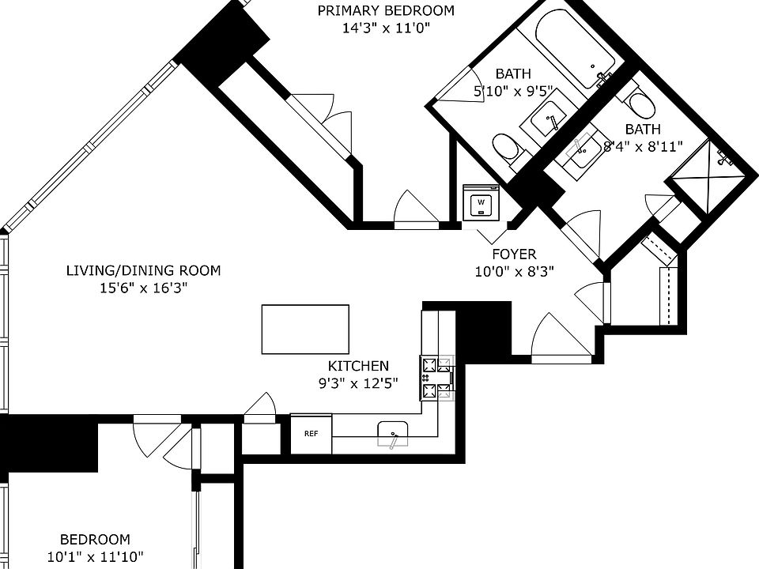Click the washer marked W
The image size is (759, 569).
481,202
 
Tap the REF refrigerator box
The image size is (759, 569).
312,434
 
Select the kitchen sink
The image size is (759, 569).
393,434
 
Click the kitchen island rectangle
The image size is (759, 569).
305,329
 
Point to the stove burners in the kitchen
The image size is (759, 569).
436,378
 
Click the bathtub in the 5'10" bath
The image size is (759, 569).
575,47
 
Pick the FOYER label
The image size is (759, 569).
514,254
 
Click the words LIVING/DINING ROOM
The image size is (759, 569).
143,270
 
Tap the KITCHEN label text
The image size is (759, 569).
358,366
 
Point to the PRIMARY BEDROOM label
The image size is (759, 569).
386,10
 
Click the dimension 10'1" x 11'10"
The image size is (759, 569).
96,557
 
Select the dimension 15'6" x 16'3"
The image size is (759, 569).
143,288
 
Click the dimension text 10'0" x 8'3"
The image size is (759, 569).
514,271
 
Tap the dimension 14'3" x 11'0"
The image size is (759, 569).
386,28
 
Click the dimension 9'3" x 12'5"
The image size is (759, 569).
358,384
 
